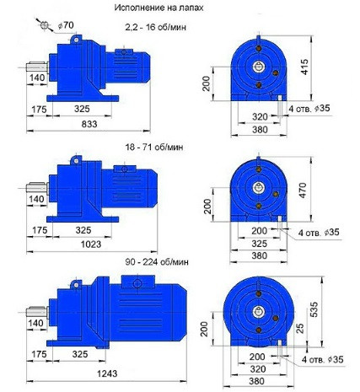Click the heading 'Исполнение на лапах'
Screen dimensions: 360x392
tap(159, 8)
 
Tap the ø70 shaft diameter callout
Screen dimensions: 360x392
tap(66, 25)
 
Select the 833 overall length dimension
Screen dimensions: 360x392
tap(89, 124)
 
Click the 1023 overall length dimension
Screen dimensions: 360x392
tap(91, 244)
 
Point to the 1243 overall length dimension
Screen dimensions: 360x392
tap(107, 373)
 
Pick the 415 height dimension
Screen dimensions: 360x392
tap(304, 67)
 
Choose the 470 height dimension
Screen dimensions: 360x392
tap(303, 191)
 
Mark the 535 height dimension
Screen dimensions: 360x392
tap(314, 309)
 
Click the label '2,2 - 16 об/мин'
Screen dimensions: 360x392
tap(156, 27)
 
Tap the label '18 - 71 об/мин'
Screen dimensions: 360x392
tap(154, 147)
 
